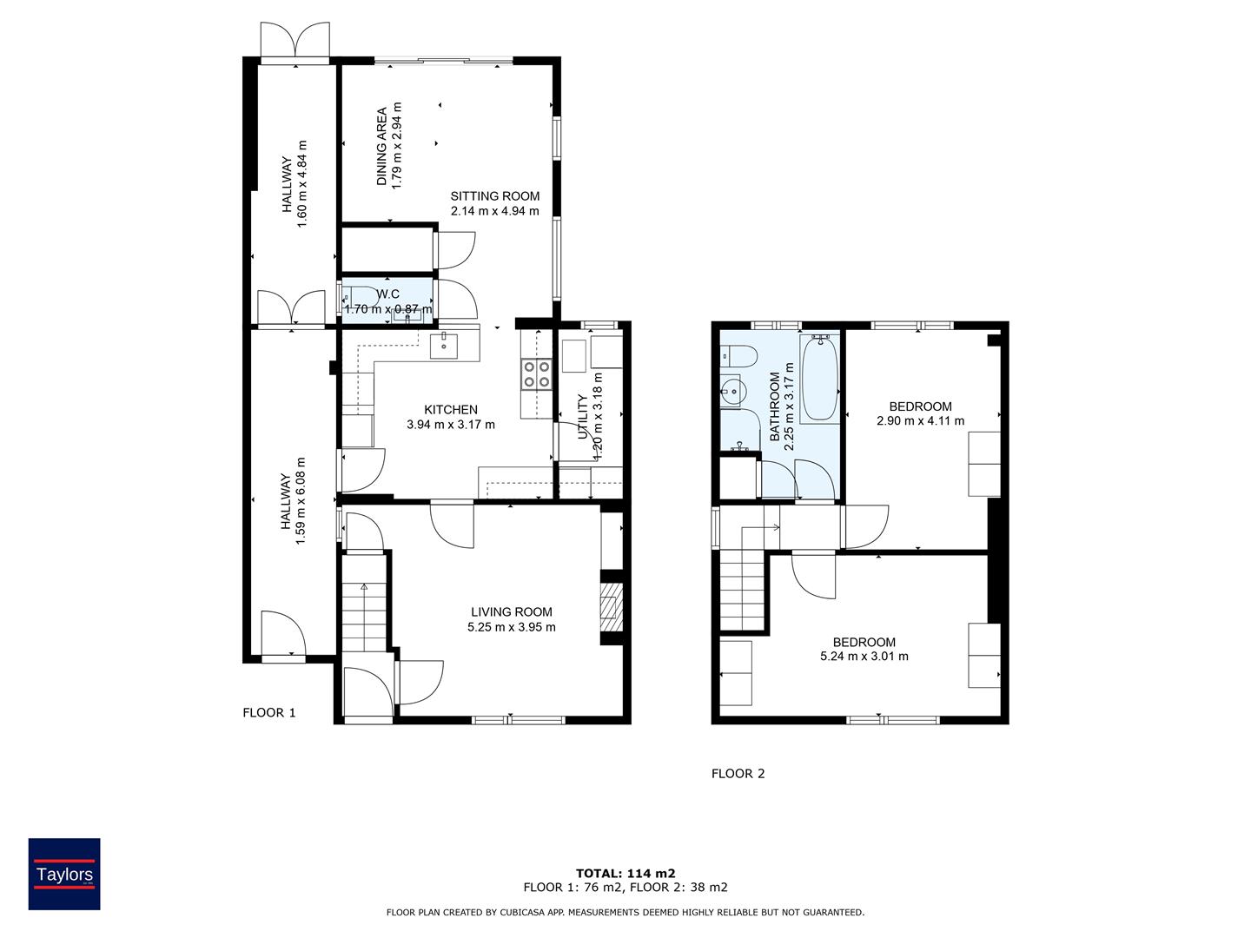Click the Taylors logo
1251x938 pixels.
point(64,874)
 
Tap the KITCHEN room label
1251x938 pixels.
point(450,410)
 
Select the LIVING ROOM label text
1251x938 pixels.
point(511,612)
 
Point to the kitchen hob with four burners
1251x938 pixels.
point(537,373)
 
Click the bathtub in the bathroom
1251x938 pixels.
point(820,379)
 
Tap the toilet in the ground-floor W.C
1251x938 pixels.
point(355,295)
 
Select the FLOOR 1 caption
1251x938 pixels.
point(268,713)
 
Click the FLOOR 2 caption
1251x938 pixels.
point(738,774)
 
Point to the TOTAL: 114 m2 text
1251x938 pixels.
point(625,874)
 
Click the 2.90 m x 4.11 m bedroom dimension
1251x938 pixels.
point(920,421)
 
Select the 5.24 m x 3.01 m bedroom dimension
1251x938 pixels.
point(864,657)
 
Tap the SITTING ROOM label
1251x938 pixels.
point(494,196)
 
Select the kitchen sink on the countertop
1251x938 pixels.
point(445,346)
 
